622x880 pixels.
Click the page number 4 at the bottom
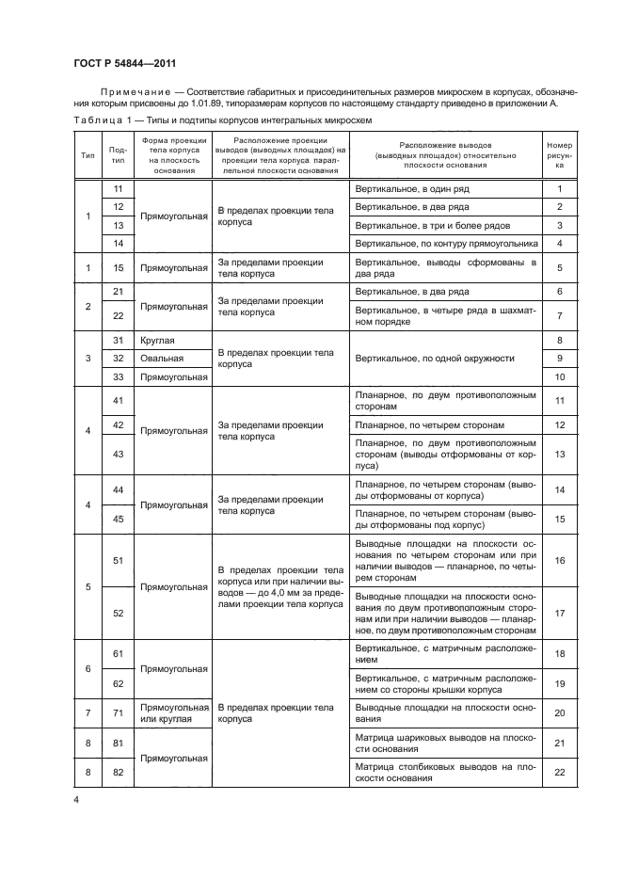click(76, 799)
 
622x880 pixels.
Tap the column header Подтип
click(118, 155)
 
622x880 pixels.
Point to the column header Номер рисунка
click(559, 155)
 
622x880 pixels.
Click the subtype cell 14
click(118, 243)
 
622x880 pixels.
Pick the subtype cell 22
click(118, 315)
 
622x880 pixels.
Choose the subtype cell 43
click(118, 454)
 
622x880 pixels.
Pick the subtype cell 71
click(118, 713)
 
